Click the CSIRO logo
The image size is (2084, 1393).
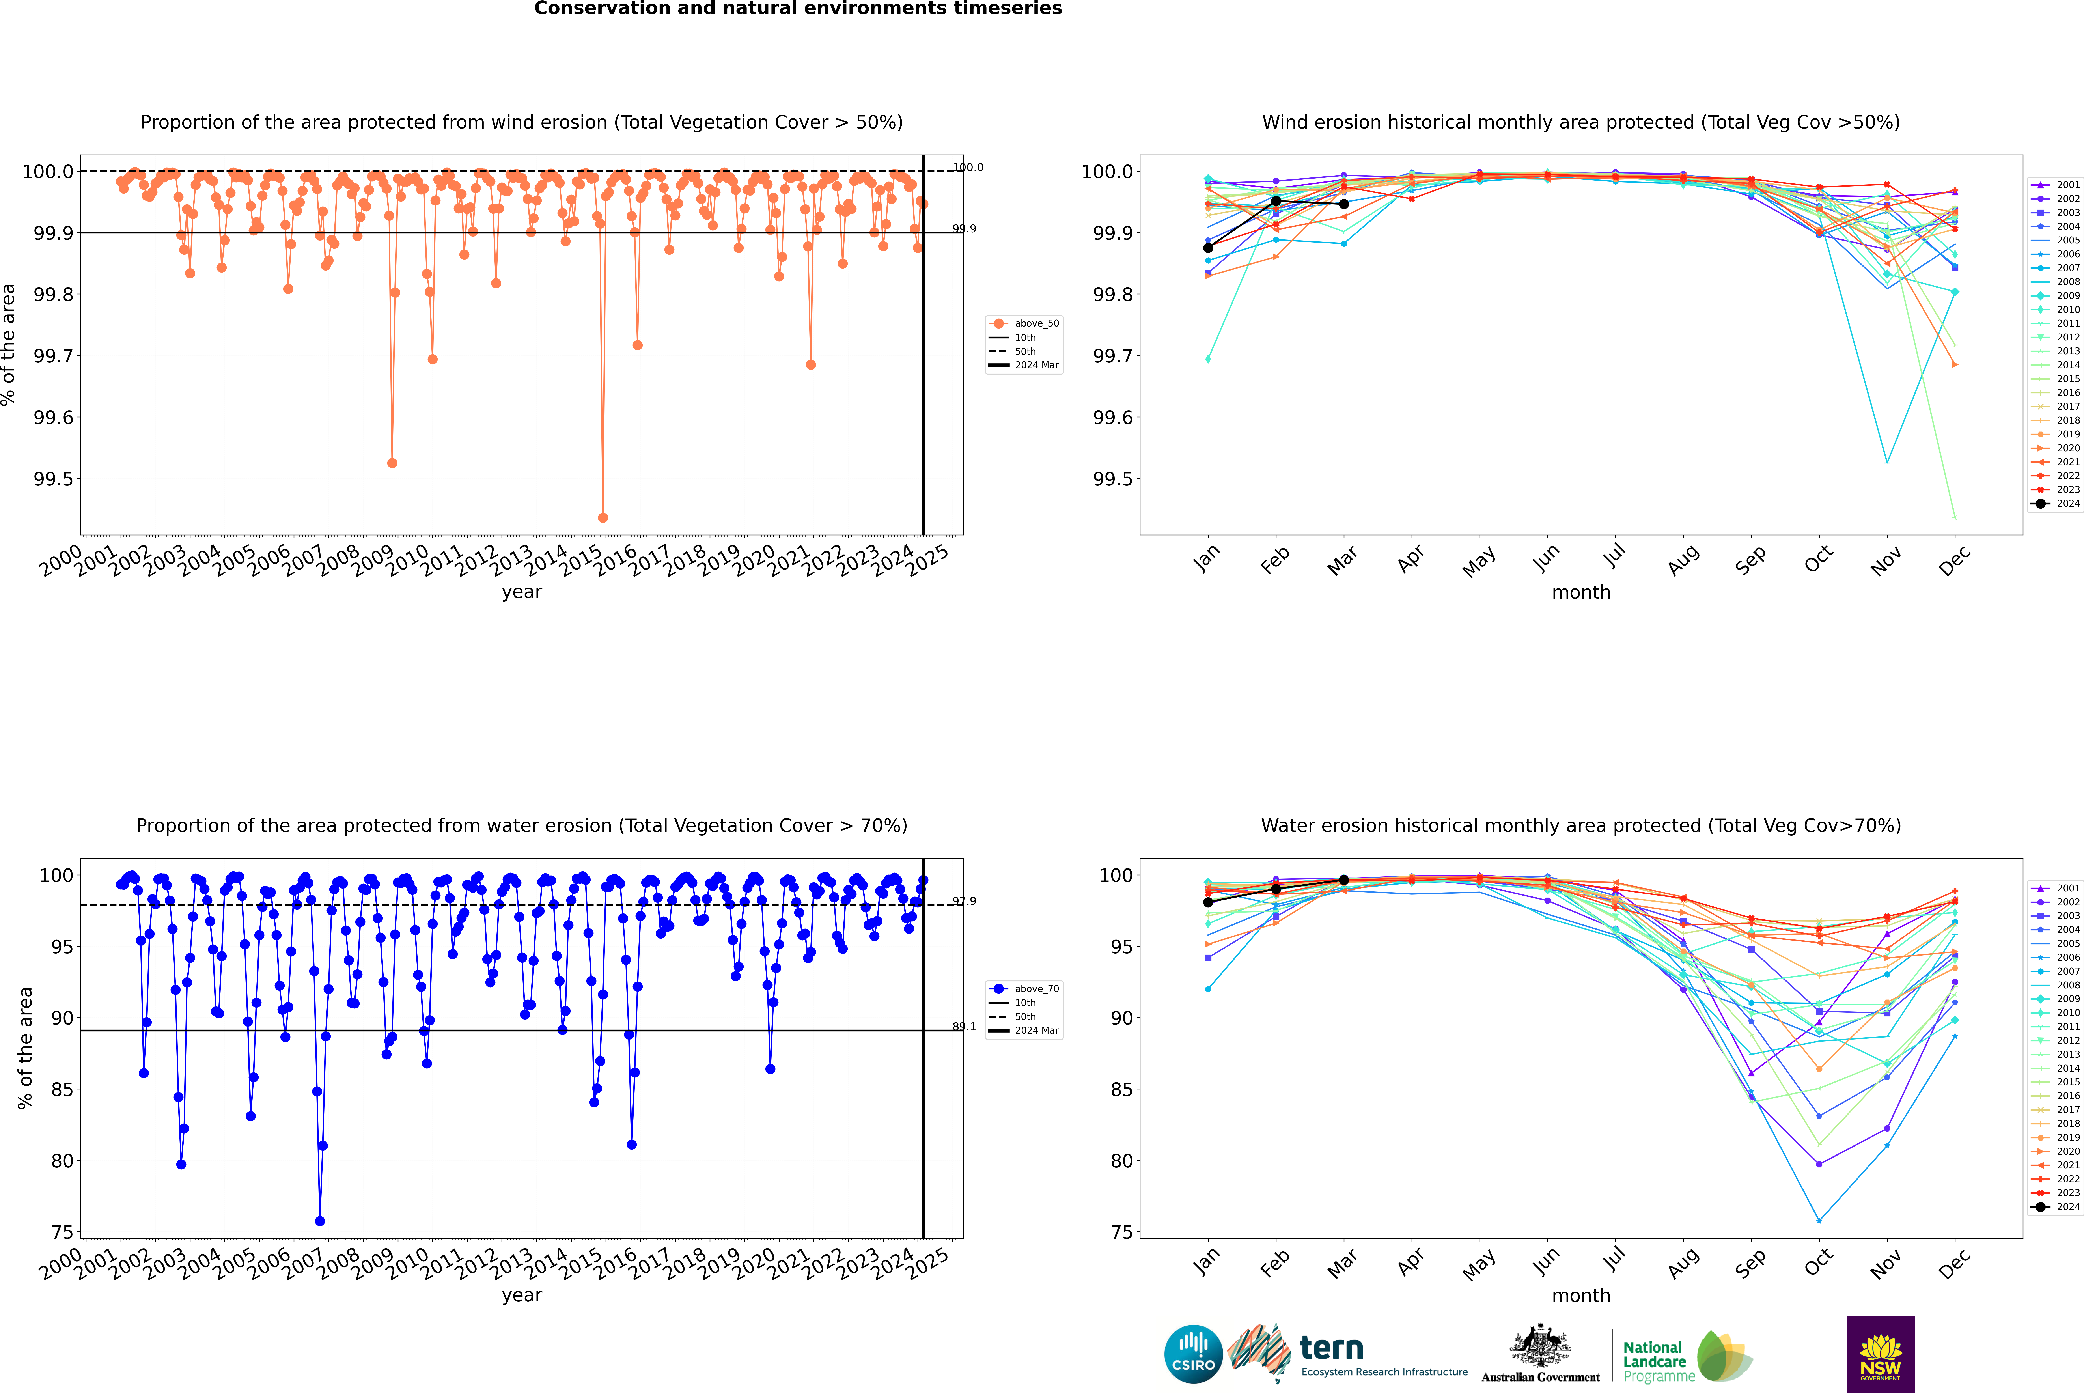(x=1193, y=1354)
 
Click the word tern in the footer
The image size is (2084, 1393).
(x=1331, y=1349)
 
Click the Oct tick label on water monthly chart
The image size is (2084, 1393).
(x=1818, y=1262)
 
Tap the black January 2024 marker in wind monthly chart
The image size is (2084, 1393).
(x=1208, y=248)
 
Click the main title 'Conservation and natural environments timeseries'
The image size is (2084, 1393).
(x=798, y=9)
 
